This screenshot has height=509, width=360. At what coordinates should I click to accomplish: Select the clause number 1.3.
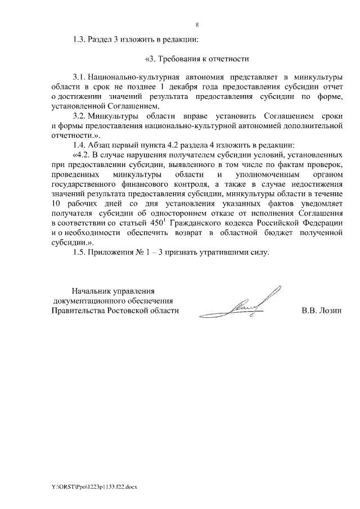(x=80, y=40)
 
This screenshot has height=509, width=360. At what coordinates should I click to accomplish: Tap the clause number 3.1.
(x=80, y=76)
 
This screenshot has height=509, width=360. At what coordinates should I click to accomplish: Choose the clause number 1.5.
(x=80, y=253)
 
